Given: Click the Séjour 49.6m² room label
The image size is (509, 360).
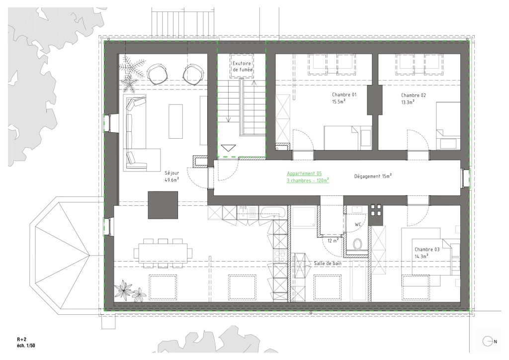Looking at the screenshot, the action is [171, 176].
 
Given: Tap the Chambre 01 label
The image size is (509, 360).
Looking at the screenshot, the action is [344, 95].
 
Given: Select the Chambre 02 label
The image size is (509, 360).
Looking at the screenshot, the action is [413, 95].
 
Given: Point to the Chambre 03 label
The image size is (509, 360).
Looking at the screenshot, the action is [427, 249].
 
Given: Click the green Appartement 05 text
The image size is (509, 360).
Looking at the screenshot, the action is [304, 174].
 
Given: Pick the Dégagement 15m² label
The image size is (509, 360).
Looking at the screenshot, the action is [373, 176].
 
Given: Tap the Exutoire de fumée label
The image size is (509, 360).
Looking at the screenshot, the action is [242, 67].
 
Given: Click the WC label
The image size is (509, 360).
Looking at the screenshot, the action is [358, 224].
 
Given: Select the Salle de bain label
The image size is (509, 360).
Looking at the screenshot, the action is [328, 263].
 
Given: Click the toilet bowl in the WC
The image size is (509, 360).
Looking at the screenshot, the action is [358, 244].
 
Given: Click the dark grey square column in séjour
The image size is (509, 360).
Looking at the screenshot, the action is [163, 205].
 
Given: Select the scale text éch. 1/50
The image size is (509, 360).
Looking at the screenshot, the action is [26, 346].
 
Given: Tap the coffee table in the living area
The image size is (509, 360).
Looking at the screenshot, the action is [175, 121].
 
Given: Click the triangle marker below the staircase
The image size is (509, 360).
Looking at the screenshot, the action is [228, 148].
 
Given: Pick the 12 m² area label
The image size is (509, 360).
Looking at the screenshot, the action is [333, 241].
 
